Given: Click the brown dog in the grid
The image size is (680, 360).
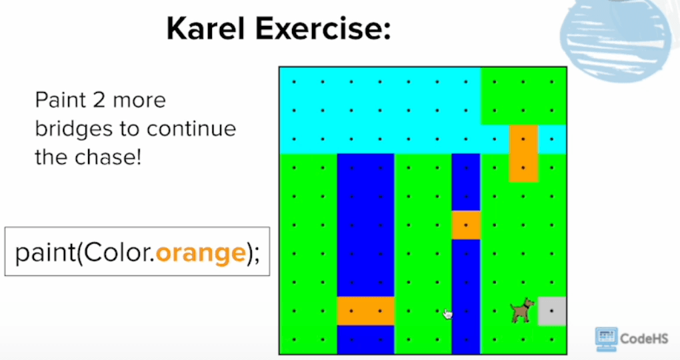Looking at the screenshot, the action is [522, 310].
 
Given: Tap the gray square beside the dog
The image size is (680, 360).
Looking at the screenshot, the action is [552, 311].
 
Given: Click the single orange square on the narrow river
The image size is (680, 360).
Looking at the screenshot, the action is [466, 225].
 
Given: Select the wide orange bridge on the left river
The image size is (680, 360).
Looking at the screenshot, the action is [365, 311].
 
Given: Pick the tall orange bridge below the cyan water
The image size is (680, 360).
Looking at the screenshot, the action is [523, 153].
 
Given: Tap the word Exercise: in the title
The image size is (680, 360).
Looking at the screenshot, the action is [323, 29].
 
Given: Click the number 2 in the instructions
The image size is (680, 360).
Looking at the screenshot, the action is [99, 100].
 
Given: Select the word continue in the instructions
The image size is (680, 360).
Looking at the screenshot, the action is [191, 129].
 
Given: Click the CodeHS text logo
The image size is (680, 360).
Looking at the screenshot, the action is [644, 338].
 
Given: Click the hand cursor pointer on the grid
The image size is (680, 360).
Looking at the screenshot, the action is [447, 313].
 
